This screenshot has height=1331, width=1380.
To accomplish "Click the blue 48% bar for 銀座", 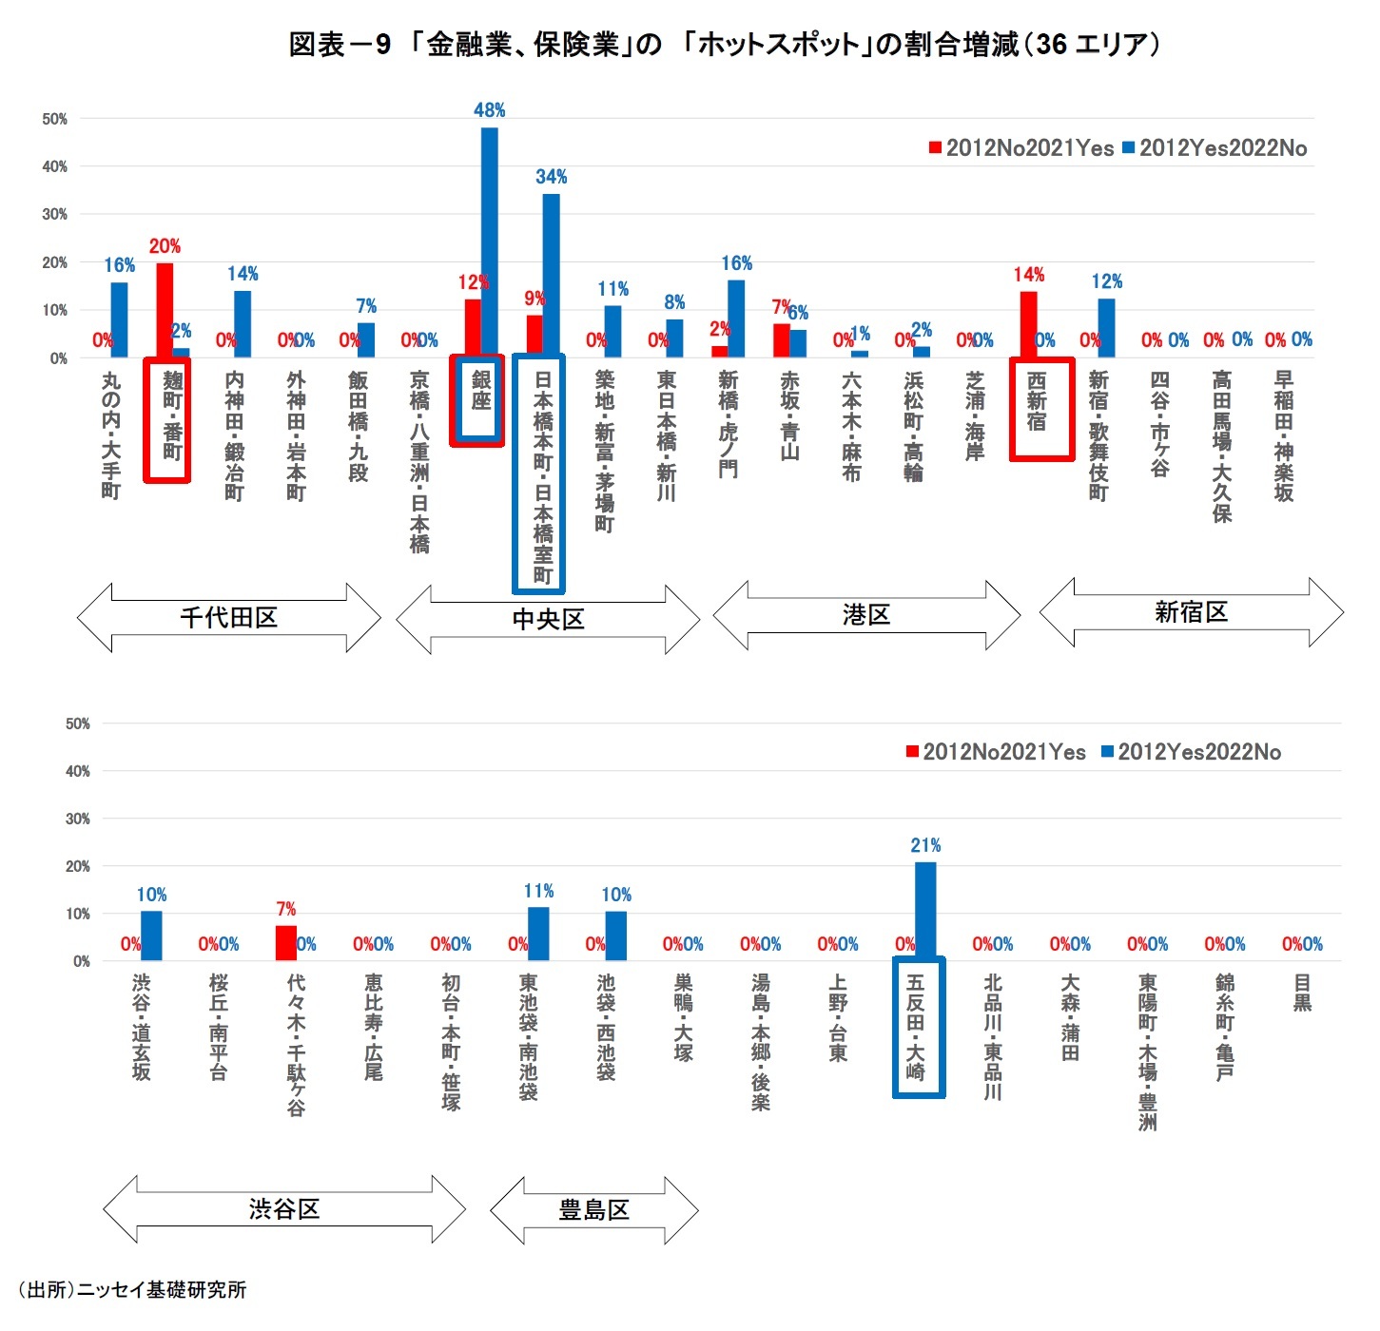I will pyautogui.click(x=489, y=242).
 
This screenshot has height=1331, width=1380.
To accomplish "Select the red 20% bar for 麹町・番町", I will pyautogui.click(x=165, y=310).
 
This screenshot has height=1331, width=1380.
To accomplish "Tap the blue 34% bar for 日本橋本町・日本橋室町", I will pyautogui.click(x=551, y=276).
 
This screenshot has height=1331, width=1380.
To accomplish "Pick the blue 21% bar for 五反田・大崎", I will pyautogui.click(x=924, y=911).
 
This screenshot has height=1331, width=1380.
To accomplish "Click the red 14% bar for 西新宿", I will pyautogui.click(x=1028, y=324).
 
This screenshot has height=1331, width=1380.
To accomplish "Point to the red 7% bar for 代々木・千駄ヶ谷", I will pyautogui.click(x=285, y=943).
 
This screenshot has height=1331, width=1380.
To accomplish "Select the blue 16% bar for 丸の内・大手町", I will pyautogui.click(x=119, y=319).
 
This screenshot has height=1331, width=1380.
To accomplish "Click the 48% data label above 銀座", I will pyautogui.click(x=489, y=110).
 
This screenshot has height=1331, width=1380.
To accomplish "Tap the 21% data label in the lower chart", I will pyautogui.click(x=924, y=845).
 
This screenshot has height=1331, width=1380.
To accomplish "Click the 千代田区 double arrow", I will pyautogui.click(x=228, y=618).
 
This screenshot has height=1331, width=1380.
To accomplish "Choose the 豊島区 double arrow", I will pyautogui.click(x=593, y=1210).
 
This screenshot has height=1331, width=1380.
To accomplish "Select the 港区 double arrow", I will pyautogui.click(x=865, y=615).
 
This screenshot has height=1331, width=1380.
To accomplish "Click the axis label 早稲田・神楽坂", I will pyautogui.click(x=1283, y=435).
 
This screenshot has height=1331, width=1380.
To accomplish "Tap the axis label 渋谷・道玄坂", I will pyautogui.click(x=141, y=1026).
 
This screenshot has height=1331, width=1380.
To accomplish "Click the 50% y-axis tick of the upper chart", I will pyautogui.click(x=54, y=119).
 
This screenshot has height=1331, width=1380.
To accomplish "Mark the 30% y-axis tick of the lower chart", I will pyautogui.click(x=78, y=819).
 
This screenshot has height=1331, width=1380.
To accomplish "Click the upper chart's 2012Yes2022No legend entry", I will pyautogui.click(x=1215, y=148).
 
